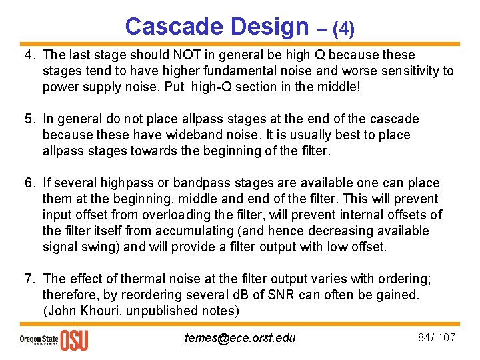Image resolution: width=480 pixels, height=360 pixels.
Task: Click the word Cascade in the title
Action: pos(174,27)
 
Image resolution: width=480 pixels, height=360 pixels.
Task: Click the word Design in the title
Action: pos(269,27)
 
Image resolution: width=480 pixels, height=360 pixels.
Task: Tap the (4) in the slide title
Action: pos(343,29)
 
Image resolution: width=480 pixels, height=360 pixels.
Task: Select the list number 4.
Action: pos(29,55)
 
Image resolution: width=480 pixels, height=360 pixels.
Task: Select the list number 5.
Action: pos(29,119)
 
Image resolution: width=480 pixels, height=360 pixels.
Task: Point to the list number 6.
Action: pos(29,183)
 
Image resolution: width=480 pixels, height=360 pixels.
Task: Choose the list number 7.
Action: pos(29,279)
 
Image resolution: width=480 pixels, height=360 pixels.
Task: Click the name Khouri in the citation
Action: pos(95,311)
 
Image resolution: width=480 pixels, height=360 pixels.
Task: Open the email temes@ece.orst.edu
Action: pos(240,338)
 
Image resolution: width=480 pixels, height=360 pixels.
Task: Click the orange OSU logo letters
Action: pos(74,339)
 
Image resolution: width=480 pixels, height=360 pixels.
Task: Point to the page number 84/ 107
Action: pos(436,337)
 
